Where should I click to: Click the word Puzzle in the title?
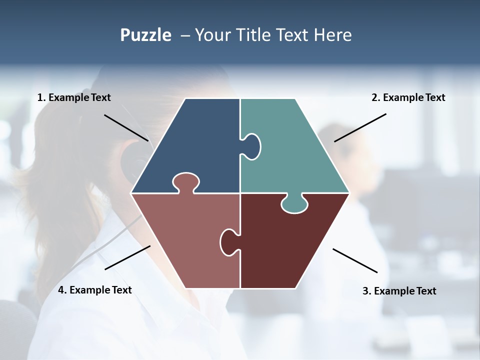pos(145,35)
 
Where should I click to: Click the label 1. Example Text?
pos(74,98)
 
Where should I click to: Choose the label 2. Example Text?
pos(408,98)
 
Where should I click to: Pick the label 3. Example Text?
pos(399,291)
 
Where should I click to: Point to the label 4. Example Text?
pos(95,290)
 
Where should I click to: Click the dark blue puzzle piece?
pos(195,145)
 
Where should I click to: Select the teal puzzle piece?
pos(295,150)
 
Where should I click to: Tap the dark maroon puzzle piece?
pos(285,245)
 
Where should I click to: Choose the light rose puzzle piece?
pos(185,240)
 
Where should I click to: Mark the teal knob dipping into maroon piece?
pos(294,204)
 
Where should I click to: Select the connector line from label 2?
pos(360,127)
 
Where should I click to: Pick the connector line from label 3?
pos(355,260)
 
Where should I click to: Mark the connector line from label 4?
pos(127,257)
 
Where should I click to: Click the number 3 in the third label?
pos(365,291)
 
